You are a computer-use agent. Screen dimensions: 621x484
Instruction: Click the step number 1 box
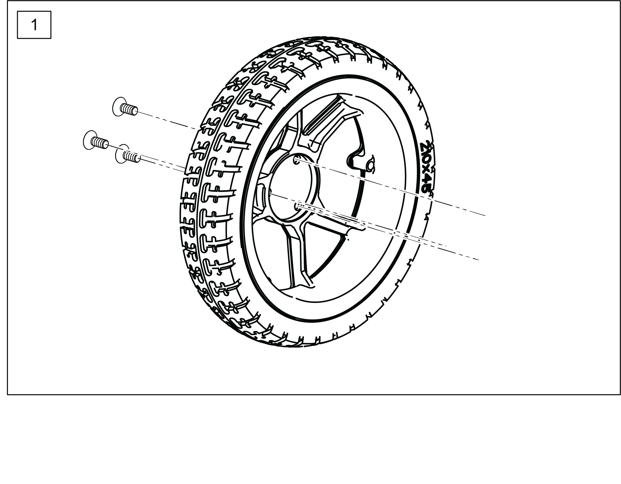(x=34, y=25)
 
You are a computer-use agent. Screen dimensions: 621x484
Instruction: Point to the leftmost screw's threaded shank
(x=100, y=143)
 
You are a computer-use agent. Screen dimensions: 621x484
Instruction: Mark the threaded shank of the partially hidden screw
(x=132, y=156)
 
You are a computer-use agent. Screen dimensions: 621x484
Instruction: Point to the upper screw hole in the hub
(x=296, y=160)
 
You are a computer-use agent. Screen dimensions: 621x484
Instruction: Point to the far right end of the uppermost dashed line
(x=485, y=216)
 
